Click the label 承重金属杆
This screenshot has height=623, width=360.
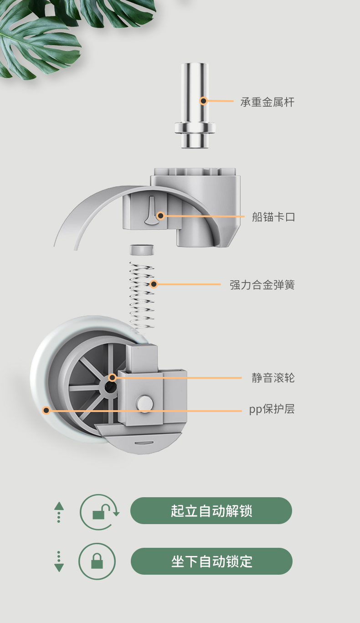267,102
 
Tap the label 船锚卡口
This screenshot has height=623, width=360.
273,217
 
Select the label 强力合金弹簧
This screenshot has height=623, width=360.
262,285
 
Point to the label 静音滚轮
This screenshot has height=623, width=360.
273,378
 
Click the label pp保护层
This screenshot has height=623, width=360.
272,409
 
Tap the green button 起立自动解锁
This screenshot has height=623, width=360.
211,510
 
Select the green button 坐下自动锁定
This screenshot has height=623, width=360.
211,561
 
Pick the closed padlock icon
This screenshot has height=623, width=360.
97,561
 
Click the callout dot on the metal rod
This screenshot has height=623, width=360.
204,101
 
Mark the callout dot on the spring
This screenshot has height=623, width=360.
154,284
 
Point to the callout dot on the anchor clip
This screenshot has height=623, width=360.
160,216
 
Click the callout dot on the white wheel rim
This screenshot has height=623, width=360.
46,410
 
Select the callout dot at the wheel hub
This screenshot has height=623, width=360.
112,377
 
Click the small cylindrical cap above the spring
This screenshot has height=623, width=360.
142,250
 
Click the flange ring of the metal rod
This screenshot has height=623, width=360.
195,128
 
